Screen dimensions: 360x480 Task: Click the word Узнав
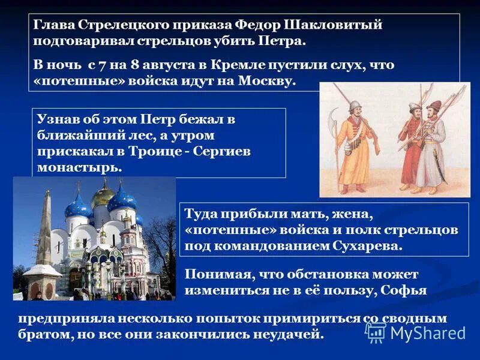pos(58,119)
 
